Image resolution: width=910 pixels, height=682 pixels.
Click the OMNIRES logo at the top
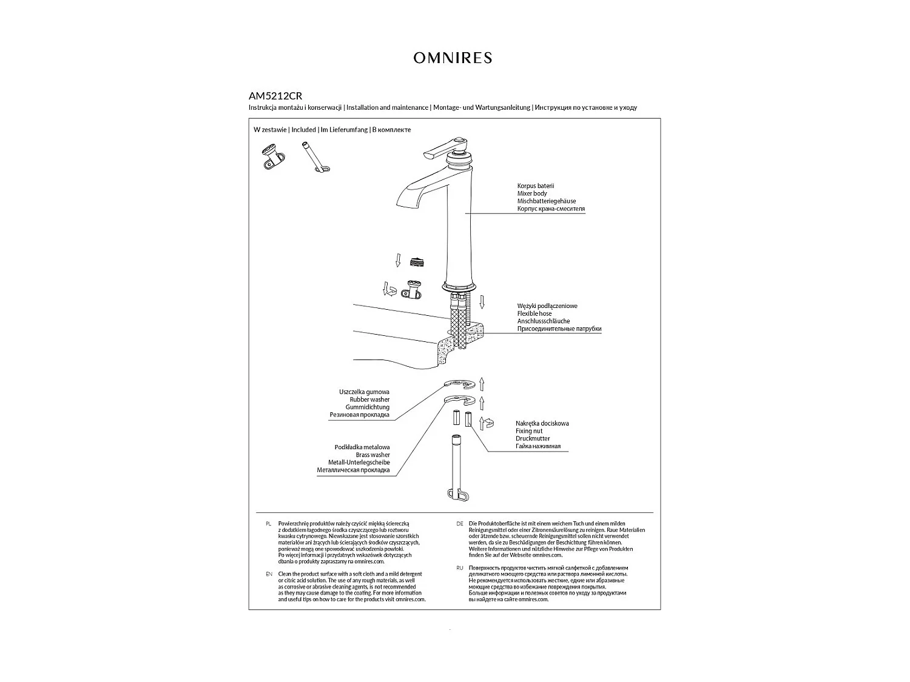(453, 58)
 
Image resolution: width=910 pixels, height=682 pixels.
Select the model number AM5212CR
(275, 96)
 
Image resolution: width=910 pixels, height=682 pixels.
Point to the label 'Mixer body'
(532, 193)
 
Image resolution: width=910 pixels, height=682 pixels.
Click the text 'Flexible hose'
(534, 314)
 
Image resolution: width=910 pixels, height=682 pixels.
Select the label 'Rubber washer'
(369, 400)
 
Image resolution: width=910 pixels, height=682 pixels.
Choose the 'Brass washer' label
(372, 455)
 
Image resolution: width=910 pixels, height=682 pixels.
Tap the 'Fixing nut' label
(529, 431)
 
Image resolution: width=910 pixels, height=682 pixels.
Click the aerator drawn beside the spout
(416, 262)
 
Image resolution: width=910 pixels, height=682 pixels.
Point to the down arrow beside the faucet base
(482, 301)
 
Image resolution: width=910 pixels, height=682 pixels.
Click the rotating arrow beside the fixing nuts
(487, 423)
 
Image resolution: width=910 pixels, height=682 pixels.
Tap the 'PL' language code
(268, 523)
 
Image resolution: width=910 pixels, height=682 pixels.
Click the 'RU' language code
(459, 569)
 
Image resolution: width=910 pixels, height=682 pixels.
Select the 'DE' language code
(459, 523)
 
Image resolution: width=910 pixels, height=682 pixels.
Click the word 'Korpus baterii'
(536, 186)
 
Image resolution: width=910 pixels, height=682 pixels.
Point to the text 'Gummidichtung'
(368, 407)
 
